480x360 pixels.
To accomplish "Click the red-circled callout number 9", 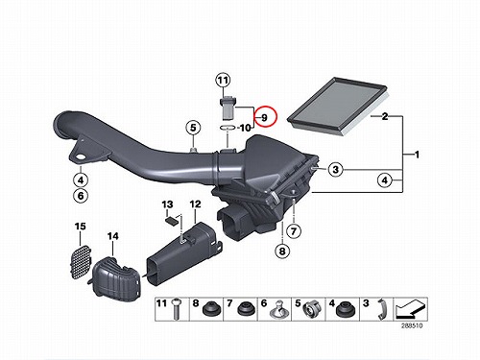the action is pyautogui.click(x=264, y=118).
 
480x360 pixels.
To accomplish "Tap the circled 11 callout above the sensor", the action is pyautogui.click(x=223, y=81).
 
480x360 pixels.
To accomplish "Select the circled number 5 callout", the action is pyautogui.click(x=193, y=128).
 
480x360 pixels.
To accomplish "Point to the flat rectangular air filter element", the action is pyautogui.click(x=338, y=105).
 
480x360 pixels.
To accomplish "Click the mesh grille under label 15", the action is pyautogui.click(x=80, y=261).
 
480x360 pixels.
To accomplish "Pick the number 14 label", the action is pyautogui.click(x=112, y=236).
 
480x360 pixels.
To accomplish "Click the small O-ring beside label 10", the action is pyautogui.click(x=228, y=128).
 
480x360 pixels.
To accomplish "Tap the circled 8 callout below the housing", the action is pyautogui.click(x=282, y=251).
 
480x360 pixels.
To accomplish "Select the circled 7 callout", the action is pyautogui.click(x=294, y=230).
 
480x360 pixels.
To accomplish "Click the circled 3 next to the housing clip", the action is pyautogui.click(x=335, y=169).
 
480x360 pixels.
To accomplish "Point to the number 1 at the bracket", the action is pyautogui.click(x=417, y=155).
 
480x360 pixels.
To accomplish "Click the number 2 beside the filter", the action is pyautogui.click(x=385, y=116).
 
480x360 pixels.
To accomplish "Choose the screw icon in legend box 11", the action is pyautogui.click(x=175, y=309).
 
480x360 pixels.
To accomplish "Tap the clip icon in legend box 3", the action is pyautogui.click(x=381, y=309).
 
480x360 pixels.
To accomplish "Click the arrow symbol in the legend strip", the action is pyautogui.click(x=411, y=309).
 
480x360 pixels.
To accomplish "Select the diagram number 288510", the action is pyautogui.click(x=412, y=325).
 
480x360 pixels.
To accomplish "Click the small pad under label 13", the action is pyautogui.click(x=172, y=221).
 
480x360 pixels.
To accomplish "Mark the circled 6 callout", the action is pyautogui.click(x=81, y=195).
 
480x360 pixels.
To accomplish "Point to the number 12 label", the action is pyautogui.click(x=195, y=204).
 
